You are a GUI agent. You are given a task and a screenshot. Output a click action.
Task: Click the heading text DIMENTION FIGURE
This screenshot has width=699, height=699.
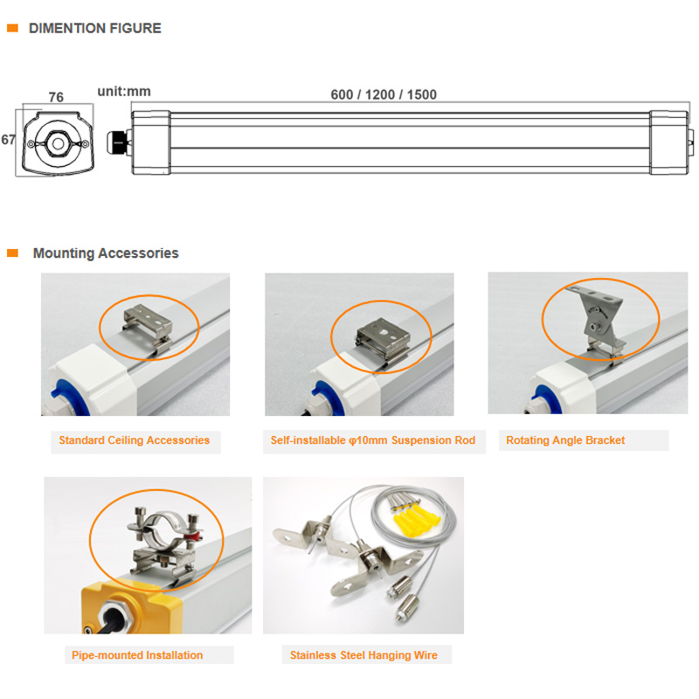pos(95,28)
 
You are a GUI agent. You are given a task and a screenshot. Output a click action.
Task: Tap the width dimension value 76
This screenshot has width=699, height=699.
pos(56,97)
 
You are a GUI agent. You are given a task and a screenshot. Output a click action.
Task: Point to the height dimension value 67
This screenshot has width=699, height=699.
pos(8,140)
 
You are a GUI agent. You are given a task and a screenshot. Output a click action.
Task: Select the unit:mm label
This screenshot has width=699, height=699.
pos(124,92)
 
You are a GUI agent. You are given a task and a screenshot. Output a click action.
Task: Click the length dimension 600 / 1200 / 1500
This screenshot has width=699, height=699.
pos(384,94)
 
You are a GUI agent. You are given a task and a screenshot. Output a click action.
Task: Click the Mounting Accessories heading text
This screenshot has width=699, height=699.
pos(106,253)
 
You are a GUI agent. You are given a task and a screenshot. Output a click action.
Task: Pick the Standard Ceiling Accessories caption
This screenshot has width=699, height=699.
pos(135,440)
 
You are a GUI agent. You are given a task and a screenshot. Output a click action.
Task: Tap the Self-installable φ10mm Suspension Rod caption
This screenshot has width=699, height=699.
pos(373,440)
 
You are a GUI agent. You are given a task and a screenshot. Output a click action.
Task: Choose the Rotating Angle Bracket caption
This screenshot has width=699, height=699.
pos(565,440)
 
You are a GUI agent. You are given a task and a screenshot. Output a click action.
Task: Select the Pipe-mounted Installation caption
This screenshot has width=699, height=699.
pos(137,654)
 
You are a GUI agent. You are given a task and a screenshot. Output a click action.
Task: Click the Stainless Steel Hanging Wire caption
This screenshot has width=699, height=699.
pos(363,654)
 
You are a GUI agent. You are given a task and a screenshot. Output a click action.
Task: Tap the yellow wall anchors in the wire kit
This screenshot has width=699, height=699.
pos(416,520)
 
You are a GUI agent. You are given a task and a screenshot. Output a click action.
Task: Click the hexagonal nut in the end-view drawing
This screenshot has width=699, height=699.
pos(58,143)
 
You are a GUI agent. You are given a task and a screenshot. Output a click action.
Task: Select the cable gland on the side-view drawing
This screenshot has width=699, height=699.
pos(117,142)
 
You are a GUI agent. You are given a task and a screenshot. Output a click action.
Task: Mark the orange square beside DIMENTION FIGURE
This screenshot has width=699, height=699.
pos(12,28)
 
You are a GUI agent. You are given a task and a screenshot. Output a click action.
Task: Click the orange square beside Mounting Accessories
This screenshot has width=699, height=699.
pos(12,253)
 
